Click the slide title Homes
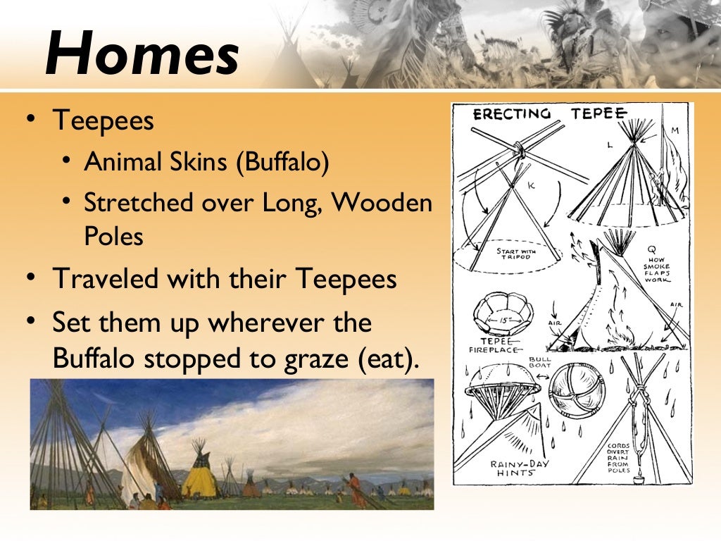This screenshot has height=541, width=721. coord(142,54)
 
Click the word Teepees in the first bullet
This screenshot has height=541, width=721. coord(104,120)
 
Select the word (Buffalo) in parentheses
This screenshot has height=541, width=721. coord(282,162)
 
